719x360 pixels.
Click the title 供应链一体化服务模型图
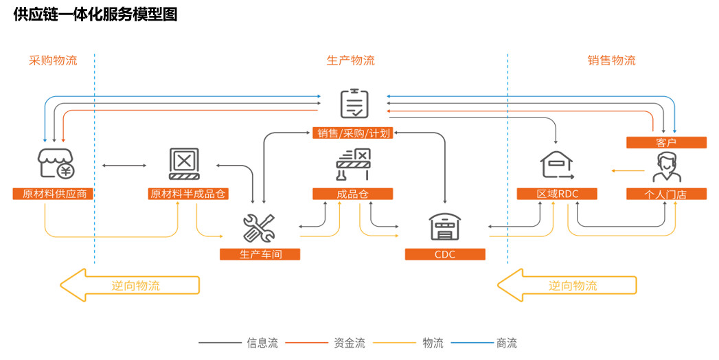[95, 14]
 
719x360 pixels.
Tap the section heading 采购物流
[53, 60]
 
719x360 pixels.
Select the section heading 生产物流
[350, 60]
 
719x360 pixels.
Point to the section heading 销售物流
[611, 60]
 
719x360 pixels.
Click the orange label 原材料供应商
[53, 194]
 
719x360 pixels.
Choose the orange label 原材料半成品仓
[187, 194]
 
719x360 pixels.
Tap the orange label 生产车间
[260, 254]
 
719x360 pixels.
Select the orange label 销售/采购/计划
[353, 133]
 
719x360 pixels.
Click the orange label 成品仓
[352, 194]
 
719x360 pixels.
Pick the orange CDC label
[444, 254]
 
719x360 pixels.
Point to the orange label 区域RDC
[557, 194]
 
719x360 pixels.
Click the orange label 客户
[666, 143]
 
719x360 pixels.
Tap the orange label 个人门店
[666, 194]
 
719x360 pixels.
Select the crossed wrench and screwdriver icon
[259, 228]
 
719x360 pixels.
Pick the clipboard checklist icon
[354, 104]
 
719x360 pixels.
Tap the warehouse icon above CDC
[444, 226]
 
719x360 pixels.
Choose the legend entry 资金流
[349, 343]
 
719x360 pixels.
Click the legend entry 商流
[506, 343]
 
